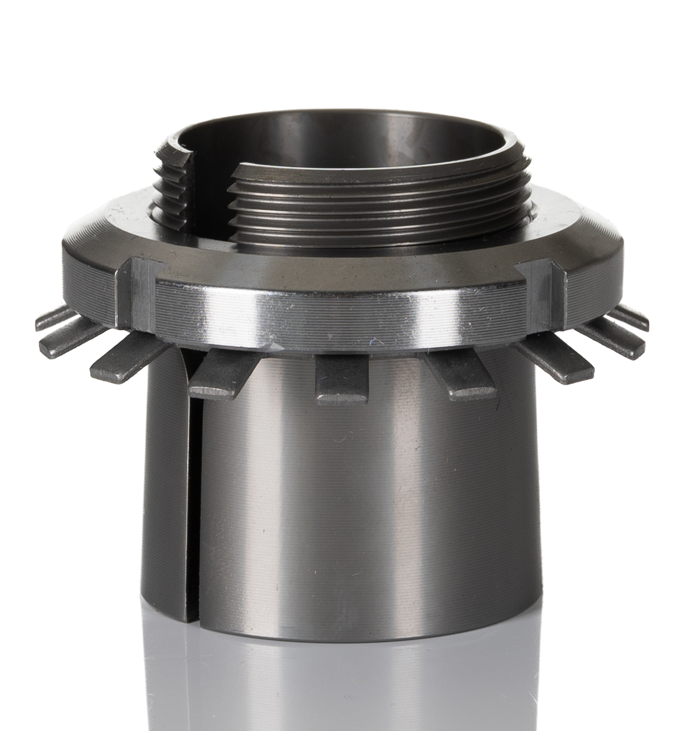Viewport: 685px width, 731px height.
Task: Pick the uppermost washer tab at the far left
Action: tap(55, 318)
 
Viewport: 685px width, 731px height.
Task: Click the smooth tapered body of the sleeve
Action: tap(367, 496)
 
